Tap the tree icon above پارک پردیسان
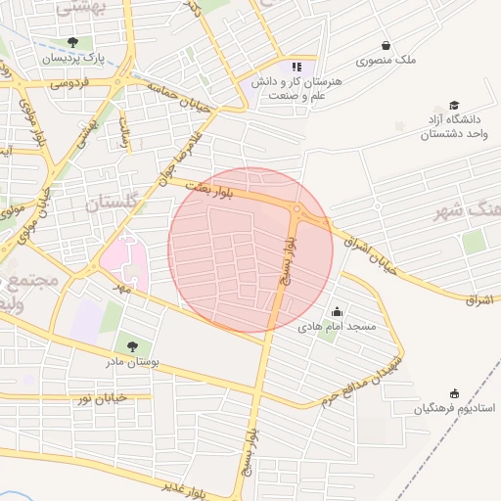click(x=73, y=42)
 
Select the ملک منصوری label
click(x=386, y=60)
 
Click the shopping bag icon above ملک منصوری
click(x=386, y=45)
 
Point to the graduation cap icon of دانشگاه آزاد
click(x=453, y=105)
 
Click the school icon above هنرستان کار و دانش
click(x=296, y=68)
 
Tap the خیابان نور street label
click(x=98, y=397)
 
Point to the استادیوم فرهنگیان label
click(x=454, y=407)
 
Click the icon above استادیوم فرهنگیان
click(x=454, y=391)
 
